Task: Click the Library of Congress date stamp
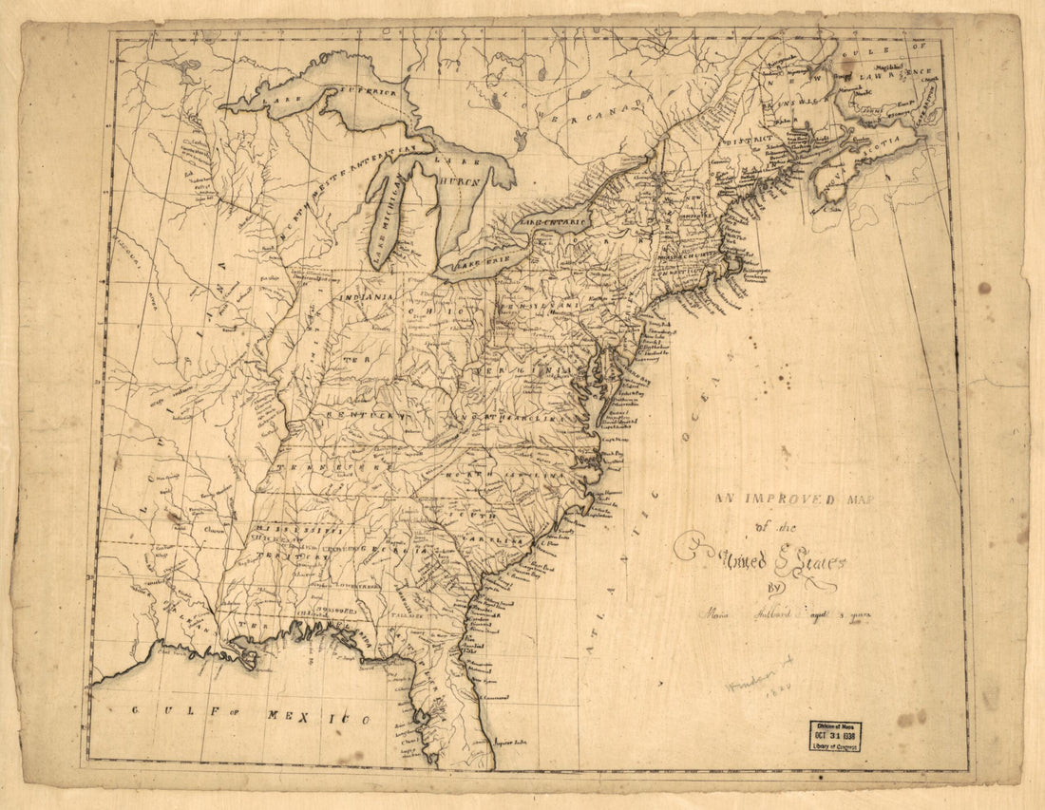[835, 735]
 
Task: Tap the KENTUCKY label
[366, 415]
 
